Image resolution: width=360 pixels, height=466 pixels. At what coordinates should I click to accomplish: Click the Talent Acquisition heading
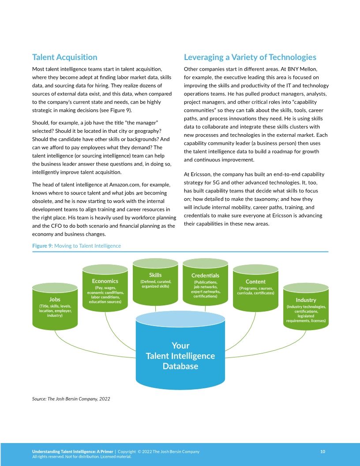65,57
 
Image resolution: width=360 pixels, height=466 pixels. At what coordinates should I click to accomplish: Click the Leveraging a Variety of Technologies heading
250,57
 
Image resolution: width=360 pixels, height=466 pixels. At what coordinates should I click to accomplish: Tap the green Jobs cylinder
55,307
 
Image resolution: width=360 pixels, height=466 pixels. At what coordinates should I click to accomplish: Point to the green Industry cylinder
306,309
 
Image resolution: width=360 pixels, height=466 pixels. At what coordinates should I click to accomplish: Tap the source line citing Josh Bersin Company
71,399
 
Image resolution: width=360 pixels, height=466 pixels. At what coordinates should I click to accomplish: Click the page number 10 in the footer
322,451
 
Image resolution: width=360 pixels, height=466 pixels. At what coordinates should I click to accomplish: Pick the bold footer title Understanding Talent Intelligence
73,451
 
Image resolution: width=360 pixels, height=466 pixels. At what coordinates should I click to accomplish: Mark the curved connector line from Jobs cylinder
88,345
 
